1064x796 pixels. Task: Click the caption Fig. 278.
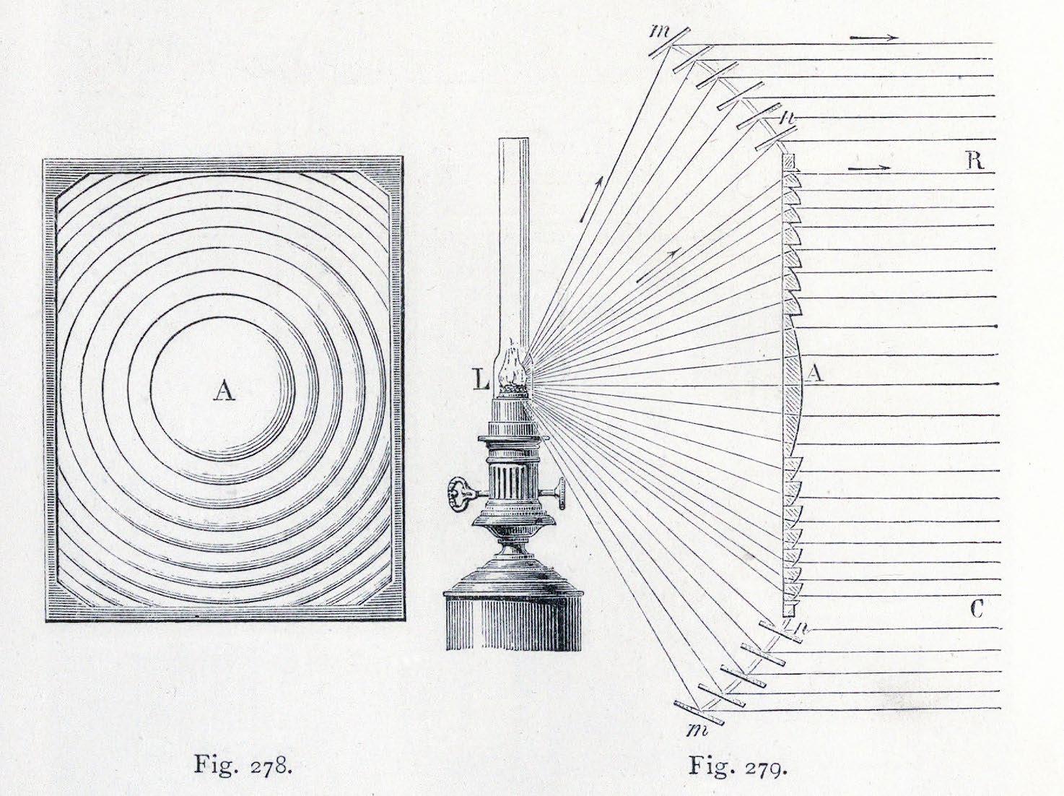pos(243,765)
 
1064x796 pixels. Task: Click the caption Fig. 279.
pos(737,765)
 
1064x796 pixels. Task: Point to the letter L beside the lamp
pos(481,378)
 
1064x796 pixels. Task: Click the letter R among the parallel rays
pos(974,160)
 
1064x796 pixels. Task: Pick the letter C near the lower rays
pos(976,610)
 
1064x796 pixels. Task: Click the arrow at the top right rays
pos(874,38)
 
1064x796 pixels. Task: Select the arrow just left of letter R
pos(870,168)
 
